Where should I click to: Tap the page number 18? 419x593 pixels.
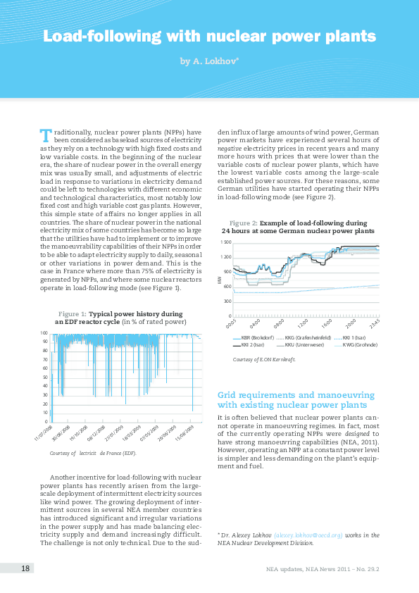[25, 568]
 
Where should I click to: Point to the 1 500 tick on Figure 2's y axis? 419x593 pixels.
[226, 242]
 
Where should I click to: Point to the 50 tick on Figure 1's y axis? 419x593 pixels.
[44, 377]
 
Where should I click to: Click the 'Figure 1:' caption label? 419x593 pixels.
[72, 313]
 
